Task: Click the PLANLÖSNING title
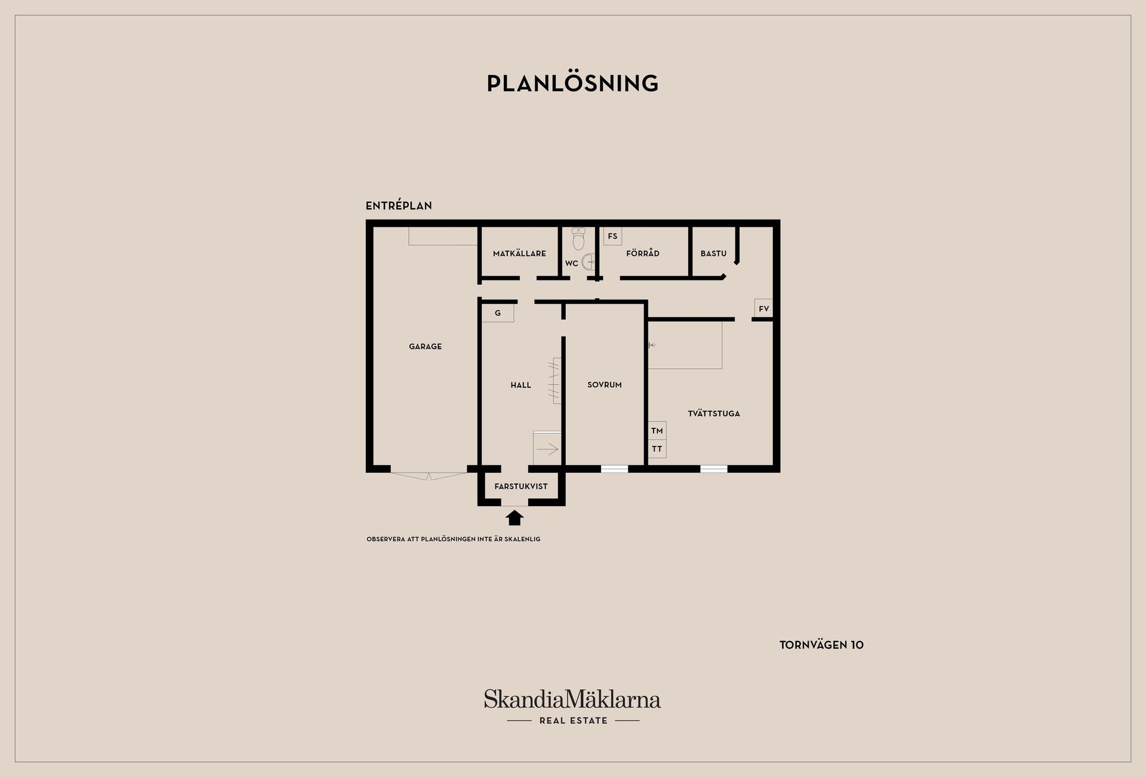pyautogui.click(x=572, y=83)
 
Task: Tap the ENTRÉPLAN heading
pyautogui.click(x=399, y=205)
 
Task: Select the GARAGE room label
pyautogui.click(x=426, y=346)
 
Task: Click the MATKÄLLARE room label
pyautogui.click(x=519, y=253)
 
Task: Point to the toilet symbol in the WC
pyautogui.click(x=578, y=239)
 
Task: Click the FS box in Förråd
pyautogui.click(x=612, y=236)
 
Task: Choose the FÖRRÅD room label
pyautogui.click(x=643, y=253)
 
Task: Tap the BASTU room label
pyautogui.click(x=713, y=253)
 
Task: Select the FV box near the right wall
pyautogui.click(x=763, y=309)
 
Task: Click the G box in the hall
pyautogui.click(x=498, y=313)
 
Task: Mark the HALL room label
pyautogui.click(x=520, y=385)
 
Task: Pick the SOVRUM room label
pyautogui.click(x=605, y=385)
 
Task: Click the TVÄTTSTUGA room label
pyautogui.click(x=714, y=414)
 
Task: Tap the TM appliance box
pyautogui.click(x=657, y=431)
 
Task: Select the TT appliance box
pyautogui.click(x=657, y=449)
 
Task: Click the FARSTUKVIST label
pyautogui.click(x=521, y=486)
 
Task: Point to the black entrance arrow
pyautogui.click(x=515, y=517)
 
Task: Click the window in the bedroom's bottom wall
pyautogui.click(x=614, y=469)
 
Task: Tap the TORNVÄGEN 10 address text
pyautogui.click(x=822, y=645)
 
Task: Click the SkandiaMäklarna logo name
pyautogui.click(x=572, y=699)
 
